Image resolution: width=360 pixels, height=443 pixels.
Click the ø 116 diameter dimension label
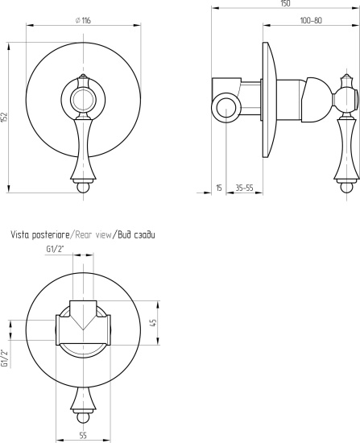[83, 20]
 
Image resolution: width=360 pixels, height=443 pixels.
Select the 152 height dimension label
[5, 118]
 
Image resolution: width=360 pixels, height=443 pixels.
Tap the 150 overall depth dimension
[286, 3]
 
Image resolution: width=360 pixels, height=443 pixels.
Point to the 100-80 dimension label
[311, 20]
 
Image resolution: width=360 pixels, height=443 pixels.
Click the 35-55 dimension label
[244, 188]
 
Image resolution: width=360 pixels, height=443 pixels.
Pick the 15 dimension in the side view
[219, 188]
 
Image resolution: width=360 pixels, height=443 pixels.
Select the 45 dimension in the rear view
[153, 323]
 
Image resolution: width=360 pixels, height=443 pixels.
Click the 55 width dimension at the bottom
[83, 436]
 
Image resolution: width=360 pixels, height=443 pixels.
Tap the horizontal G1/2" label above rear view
[55, 249]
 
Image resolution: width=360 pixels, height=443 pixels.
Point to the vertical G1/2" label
[4, 358]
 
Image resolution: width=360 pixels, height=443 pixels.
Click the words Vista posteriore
[39, 234]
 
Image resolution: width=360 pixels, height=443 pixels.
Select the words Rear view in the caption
[93, 234]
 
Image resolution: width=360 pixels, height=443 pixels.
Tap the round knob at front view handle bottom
[83, 188]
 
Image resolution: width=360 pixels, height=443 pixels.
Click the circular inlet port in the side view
[226, 108]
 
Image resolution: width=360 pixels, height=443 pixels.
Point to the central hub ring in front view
[83, 100]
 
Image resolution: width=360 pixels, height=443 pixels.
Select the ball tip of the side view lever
[346, 188]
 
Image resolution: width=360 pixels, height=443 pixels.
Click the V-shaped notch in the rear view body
[83, 322]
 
